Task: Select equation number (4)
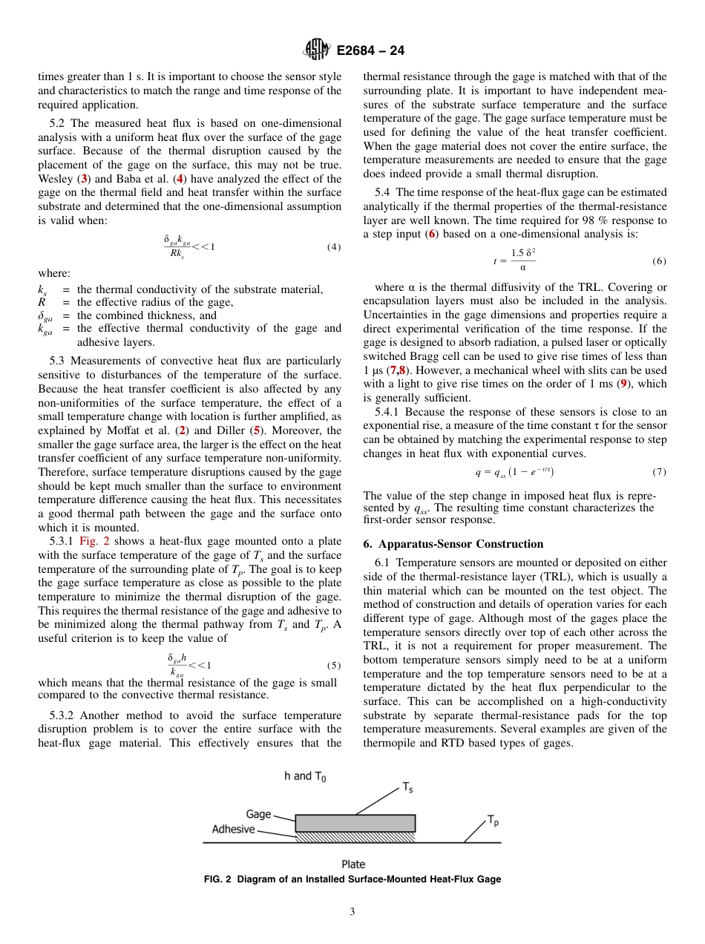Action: coord(334,247)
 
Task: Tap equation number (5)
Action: coord(334,666)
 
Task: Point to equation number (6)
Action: coord(659,261)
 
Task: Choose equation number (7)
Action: coord(659,472)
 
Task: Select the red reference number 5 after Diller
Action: coord(256,430)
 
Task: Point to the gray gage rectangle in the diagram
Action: coord(355,823)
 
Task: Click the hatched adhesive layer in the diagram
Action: coord(355,837)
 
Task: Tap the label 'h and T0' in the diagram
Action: coord(304,776)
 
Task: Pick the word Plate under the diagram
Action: coord(353,864)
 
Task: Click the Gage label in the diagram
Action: coord(258,814)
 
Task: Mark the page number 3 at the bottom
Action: coord(352,912)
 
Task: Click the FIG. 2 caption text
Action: coord(352,879)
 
